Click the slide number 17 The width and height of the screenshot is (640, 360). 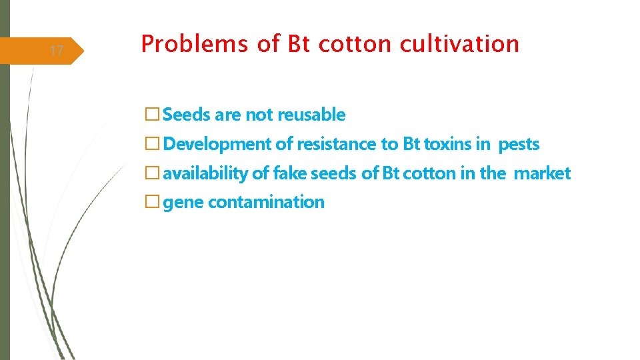57,51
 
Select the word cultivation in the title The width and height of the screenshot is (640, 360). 459,44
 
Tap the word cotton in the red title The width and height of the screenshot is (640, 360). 356,44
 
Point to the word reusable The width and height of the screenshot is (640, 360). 311,115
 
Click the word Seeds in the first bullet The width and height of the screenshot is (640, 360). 187,115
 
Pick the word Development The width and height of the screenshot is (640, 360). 217,144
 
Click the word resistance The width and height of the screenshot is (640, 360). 337,144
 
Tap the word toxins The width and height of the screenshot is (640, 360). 447,144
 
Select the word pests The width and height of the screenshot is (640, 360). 519,144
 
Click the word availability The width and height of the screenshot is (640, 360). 205,173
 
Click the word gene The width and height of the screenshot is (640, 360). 183,202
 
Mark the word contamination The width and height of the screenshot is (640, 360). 266,202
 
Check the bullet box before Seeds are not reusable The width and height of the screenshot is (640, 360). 152,115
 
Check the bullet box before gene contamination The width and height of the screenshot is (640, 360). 152,203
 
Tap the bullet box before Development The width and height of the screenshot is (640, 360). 152,145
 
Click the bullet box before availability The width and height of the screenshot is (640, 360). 152,174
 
